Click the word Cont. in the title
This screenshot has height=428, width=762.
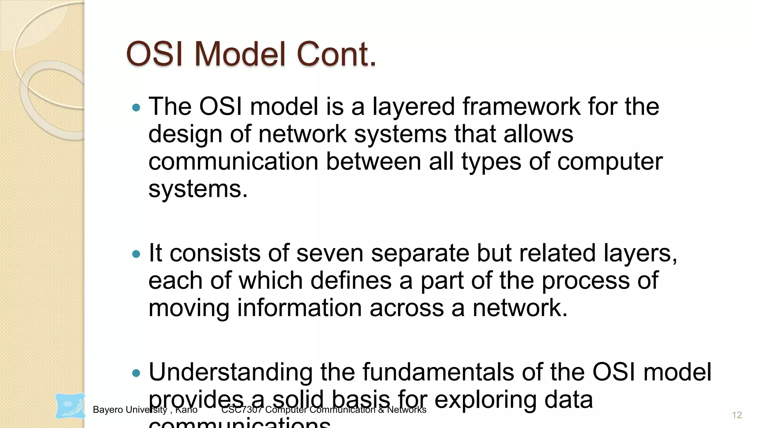coord(336,54)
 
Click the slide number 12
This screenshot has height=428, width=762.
coord(737,415)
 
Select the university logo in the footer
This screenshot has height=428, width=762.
coord(70,406)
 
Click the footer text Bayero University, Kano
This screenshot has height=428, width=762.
coord(145,410)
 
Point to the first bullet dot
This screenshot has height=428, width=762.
coord(137,108)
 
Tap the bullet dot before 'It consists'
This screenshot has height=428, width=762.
coord(137,254)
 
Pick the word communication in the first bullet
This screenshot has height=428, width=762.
coord(233,162)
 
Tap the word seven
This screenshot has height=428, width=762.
coord(330,253)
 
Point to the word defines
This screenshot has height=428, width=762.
coord(351,281)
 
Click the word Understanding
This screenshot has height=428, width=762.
coord(231,373)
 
